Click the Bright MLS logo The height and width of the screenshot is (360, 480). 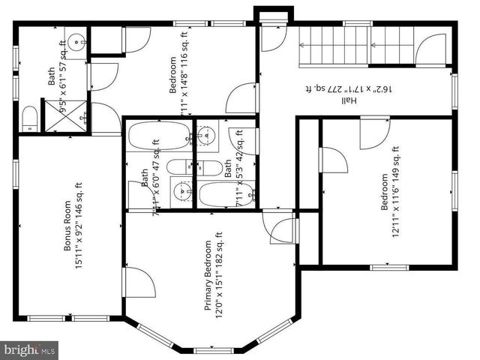[x=30, y=349]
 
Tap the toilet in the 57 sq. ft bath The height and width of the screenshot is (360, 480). [x=29, y=118]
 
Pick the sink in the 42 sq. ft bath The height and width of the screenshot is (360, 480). [x=206, y=136]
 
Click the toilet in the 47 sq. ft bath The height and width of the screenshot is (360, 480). [x=180, y=167]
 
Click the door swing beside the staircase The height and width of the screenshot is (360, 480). [x=430, y=49]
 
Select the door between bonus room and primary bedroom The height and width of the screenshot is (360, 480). [x=139, y=282]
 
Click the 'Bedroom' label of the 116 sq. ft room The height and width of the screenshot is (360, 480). [x=173, y=74]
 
